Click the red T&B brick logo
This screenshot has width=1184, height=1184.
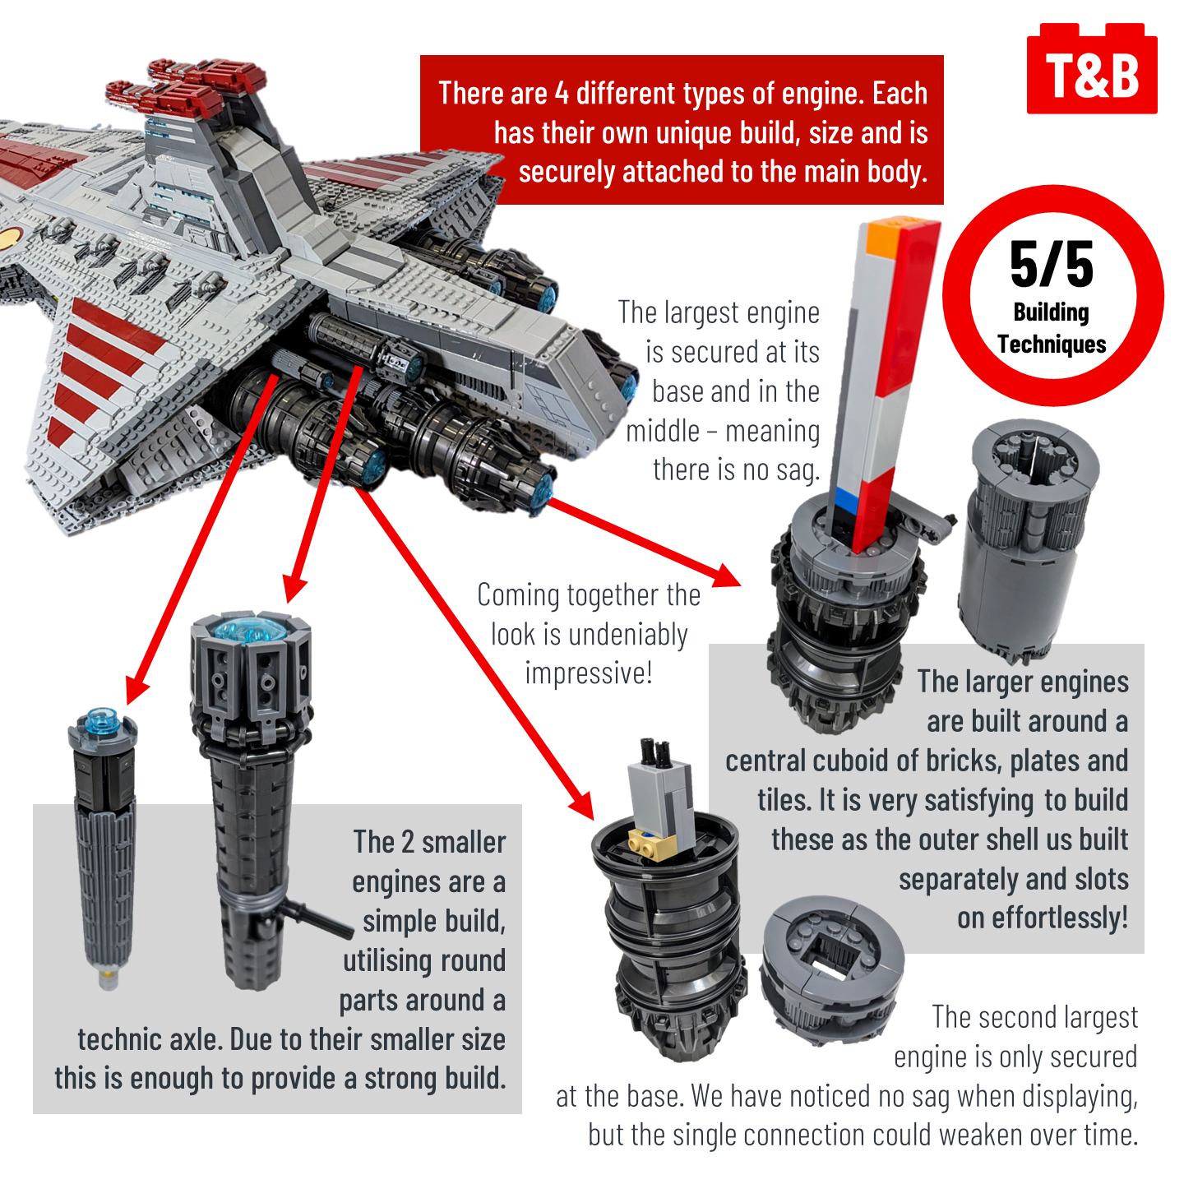tap(1092, 69)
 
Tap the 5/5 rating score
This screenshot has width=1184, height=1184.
tap(1052, 265)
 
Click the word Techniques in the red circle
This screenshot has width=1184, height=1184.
tap(1052, 344)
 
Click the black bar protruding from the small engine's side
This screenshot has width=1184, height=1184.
tap(317, 918)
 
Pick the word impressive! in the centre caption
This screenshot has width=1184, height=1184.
tap(588, 673)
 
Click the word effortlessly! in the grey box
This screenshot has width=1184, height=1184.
tap(1043, 918)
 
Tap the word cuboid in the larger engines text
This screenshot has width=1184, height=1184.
tap(847, 761)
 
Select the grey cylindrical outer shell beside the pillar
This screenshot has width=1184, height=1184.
tap(1027, 541)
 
